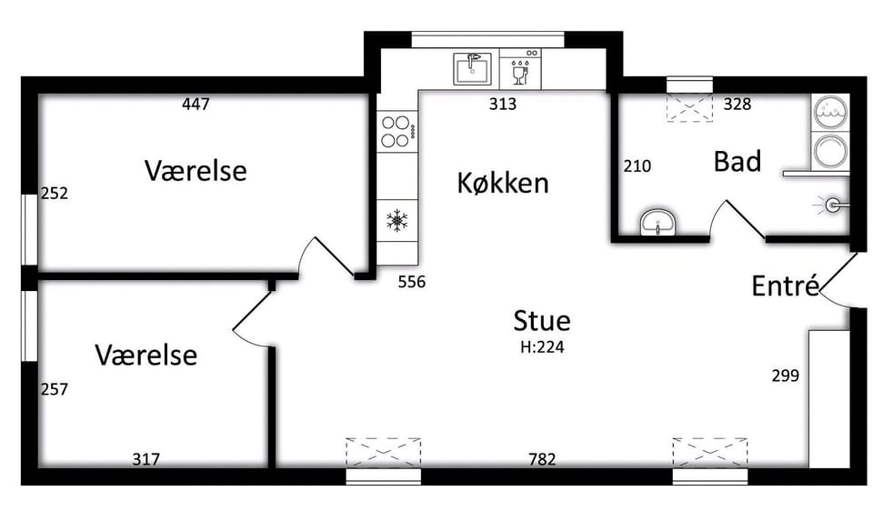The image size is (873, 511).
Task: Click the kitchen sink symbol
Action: point(473,68)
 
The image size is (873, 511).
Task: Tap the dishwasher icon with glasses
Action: point(520,68)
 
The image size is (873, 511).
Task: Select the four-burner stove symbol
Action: point(396,131)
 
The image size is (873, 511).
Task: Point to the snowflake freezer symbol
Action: point(397,220)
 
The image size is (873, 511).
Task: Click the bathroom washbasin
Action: point(658,223)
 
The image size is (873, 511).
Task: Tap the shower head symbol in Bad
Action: point(832,205)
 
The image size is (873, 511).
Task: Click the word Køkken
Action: point(503,183)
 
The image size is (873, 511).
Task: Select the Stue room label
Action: point(542,321)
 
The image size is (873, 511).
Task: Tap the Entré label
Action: point(786,286)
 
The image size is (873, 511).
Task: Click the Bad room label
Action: point(738,162)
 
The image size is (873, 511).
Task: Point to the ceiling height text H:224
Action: point(542,347)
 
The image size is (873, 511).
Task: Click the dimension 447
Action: point(196,104)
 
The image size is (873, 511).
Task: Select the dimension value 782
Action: point(542,459)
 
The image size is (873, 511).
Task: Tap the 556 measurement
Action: point(412,282)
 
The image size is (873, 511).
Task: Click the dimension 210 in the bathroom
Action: point(637,165)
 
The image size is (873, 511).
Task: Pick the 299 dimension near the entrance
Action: point(786,376)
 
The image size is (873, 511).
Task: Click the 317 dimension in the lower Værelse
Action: point(145,459)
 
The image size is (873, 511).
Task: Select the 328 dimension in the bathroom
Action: point(738,104)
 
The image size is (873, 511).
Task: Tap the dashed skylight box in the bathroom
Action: point(690,108)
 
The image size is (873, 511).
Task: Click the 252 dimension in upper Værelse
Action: point(55,193)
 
